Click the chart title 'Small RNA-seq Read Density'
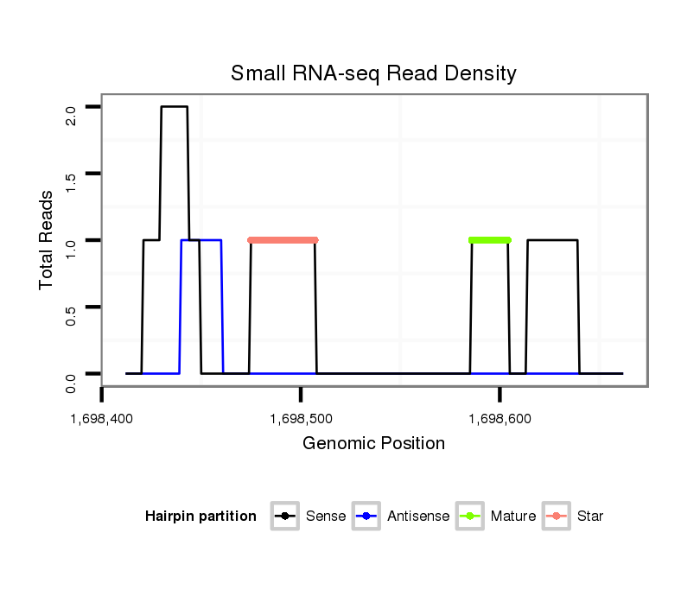pyautogui.click(x=373, y=73)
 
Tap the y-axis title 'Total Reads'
pyautogui.click(x=48, y=240)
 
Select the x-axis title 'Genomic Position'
pyautogui.click(x=373, y=444)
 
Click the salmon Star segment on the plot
pyautogui.click(x=283, y=240)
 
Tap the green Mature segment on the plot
pyautogui.click(x=490, y=240)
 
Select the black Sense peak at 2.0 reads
pyautogui.click(x=174, y=107)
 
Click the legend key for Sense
pyautogui.click(x=284, y=517)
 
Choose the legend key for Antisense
pyautogui.click(x=366, y=517)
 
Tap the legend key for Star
pyautogui.click(x=556, y=517)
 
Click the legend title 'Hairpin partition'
pyautogui.click(x=200, y=517)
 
